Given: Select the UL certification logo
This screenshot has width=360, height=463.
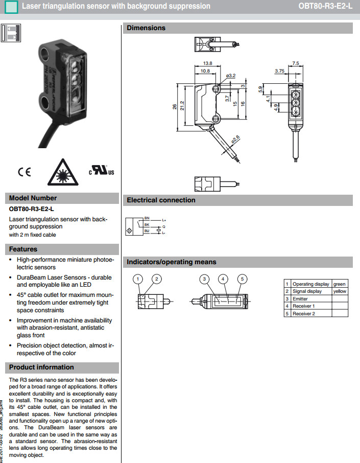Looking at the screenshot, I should [102, 171].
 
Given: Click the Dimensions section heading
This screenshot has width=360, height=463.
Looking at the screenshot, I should [146, 28].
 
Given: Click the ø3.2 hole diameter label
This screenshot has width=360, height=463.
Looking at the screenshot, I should [230, 76].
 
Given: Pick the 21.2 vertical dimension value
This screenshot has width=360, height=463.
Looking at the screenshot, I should [181, 106].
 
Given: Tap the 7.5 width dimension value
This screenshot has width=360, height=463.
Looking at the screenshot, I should [295, 63].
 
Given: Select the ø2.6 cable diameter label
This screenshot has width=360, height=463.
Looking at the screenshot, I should [235, 138].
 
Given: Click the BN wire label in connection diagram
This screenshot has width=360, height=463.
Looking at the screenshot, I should [148, 218].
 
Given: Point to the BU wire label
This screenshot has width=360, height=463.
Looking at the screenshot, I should [148, 231].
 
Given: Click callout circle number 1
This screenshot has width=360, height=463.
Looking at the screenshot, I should [138, 279].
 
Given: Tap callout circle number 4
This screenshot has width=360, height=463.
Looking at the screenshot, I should [223, 279].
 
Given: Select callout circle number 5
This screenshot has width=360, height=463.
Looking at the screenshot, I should [243, 279].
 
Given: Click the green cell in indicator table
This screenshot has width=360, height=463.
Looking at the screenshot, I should [339, 284].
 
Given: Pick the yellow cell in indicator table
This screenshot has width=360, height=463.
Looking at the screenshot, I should [340, 291].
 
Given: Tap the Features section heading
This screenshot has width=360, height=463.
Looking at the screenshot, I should [23, 249].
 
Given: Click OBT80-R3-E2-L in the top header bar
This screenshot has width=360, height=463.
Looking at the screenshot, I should [325, 6].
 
